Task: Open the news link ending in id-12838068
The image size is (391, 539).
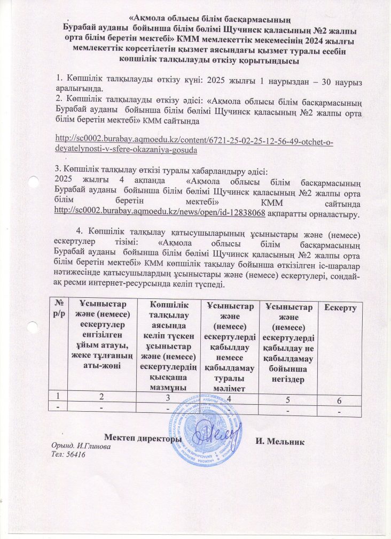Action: [x=161, y=213]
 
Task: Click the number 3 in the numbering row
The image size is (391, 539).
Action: [x=167, y=397]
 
